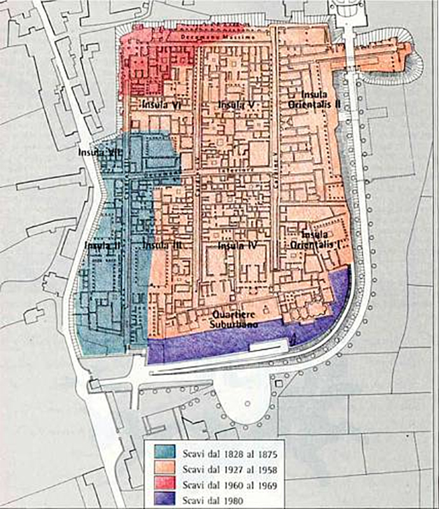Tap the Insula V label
tap(231, 104)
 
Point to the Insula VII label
tap(98, 153)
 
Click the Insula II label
tap(97, 244)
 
